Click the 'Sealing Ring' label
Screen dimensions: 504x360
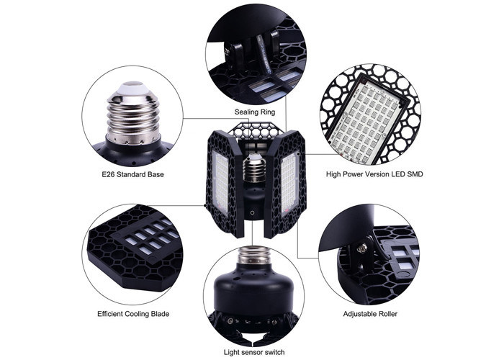[x=255, y=112]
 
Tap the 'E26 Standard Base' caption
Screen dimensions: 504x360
[x=132, y=174]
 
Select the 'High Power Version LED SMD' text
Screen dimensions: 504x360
[x=374, y=174]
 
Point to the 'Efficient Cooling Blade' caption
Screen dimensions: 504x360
[x=133, y=314]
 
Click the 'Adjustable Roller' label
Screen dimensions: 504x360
[x=370, y=314]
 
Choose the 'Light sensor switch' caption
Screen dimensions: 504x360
[x=254, y=352]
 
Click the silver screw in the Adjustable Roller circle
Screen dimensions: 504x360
[x=363, y=247]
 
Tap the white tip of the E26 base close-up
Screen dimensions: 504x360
[x=133, y=88]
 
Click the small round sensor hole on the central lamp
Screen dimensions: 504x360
[x=252, y=212]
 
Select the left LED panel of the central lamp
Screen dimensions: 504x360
[x=221, y=182]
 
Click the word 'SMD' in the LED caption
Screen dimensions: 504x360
[x=415, y=174]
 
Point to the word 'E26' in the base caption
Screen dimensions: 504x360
[x=108, y=174]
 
